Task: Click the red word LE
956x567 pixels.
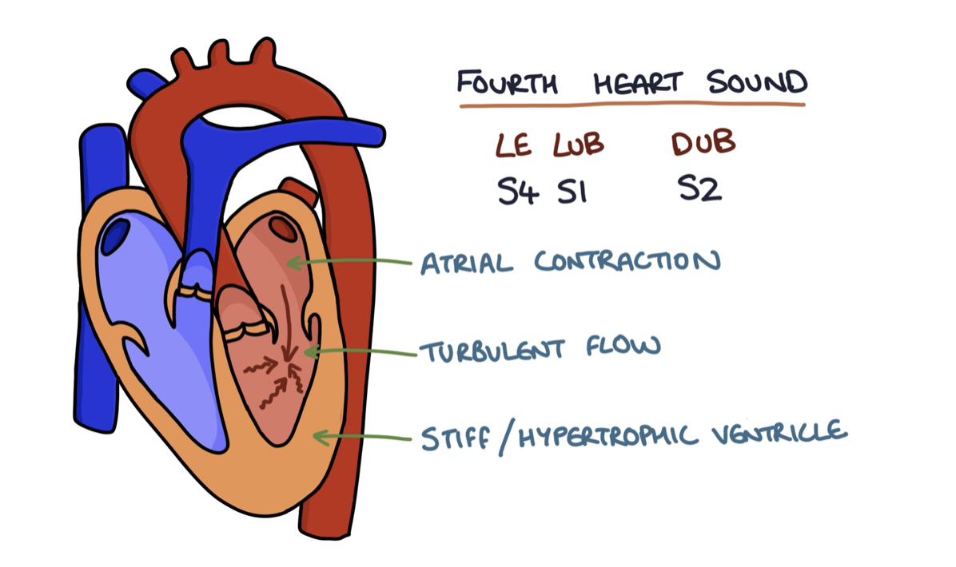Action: pyautogui.click(x=515, y=145)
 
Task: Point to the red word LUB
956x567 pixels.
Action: pyautogui.click(x=578, y=145)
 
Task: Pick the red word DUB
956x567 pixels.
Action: pyautogui.click(x=703, y=144)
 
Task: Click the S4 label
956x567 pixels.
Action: pyautogui.click(x=517, y=192)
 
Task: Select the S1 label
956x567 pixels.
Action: pyautogui.click(x=573, y=192)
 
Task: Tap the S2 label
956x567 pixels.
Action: pyautogui.click(x=699, y=191)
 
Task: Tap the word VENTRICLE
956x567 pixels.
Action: pyautogui.click(x=780, y=434)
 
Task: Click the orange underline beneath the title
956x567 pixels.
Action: pyautogui.click(x=631, y=105)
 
